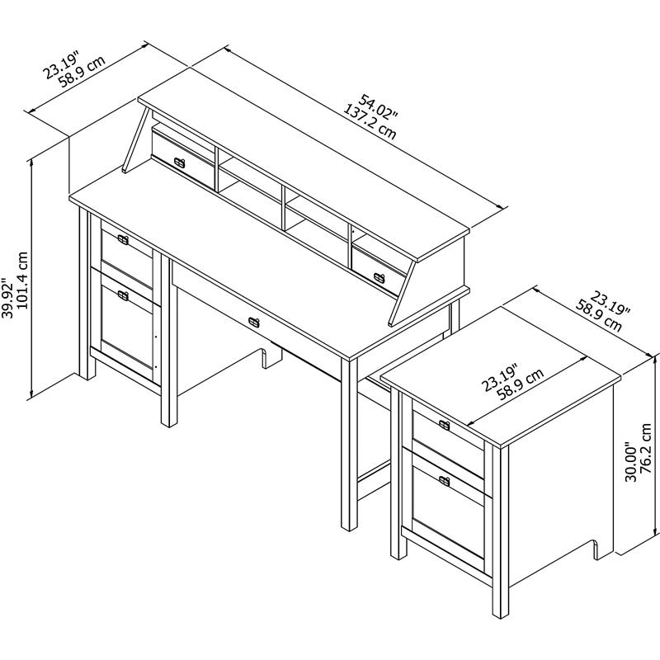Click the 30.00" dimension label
630,456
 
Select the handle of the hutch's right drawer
379,276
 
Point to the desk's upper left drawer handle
123,239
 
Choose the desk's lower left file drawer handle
123,295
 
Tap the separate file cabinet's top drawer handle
445,425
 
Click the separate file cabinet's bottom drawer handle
445,480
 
